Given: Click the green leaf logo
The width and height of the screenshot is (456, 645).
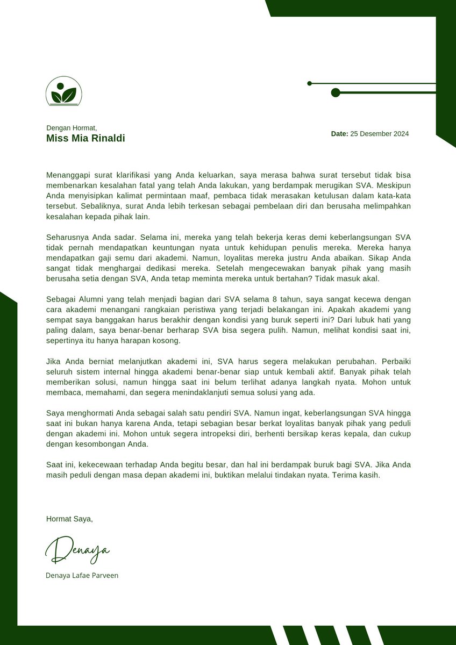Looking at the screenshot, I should [63, 91].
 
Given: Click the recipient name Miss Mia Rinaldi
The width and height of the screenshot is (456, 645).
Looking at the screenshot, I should [85, 138].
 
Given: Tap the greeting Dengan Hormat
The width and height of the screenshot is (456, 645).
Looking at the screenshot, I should [72, 128].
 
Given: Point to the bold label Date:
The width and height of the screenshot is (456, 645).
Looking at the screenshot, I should [339, 134].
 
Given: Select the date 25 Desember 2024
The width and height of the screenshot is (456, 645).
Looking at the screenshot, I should [379, 134].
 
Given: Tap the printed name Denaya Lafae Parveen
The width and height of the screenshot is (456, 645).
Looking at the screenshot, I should [82, 575].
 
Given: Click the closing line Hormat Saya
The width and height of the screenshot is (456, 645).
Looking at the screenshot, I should [69, 519].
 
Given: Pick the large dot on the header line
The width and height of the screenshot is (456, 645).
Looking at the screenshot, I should [336, 92].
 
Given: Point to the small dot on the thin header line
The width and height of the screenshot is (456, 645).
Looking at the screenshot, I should [309, 83].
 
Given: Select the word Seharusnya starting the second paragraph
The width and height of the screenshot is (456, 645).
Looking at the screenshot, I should [68, 237].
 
